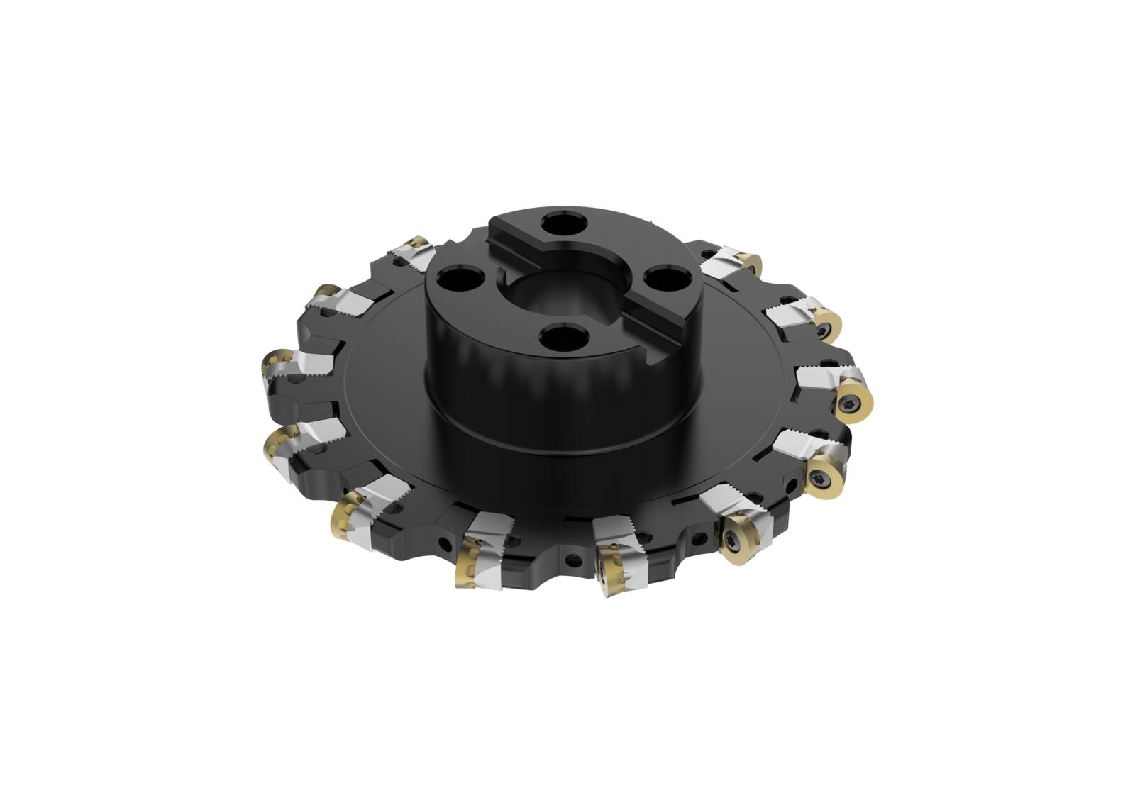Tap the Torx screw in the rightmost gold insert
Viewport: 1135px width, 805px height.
point(851,404)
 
